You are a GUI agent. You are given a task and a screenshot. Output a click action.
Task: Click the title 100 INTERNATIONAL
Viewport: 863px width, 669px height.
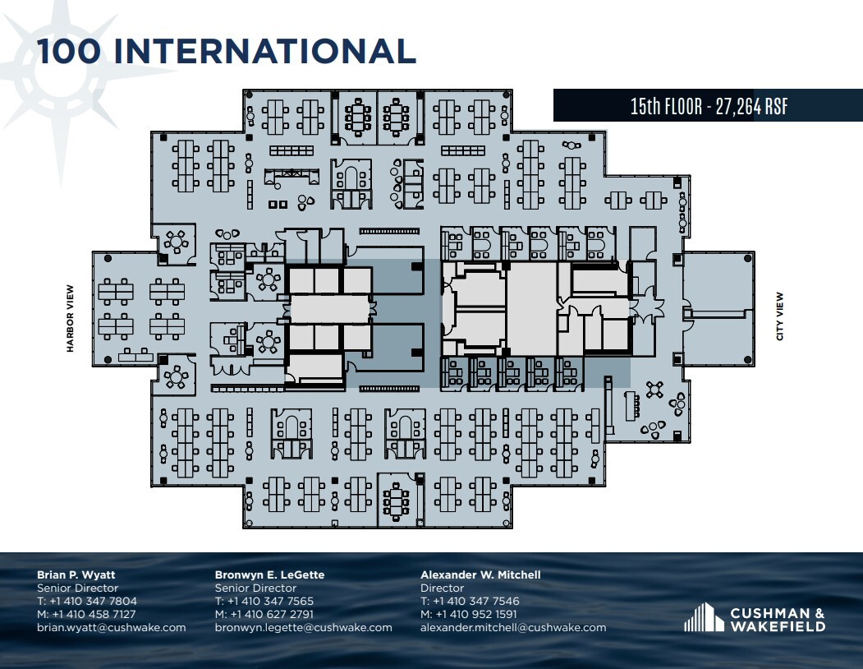click(x=227, y=51)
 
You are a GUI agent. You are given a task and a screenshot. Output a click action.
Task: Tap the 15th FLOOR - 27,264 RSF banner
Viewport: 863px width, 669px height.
click(x=708, y=106)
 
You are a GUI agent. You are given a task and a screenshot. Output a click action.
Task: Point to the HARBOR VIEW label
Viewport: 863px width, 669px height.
click(x=71, y=319)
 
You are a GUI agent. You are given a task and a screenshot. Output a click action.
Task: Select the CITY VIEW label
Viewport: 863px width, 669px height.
click(x=779, y=316)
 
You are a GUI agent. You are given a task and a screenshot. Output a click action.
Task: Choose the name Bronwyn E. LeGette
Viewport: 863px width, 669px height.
click(x=269, y=575)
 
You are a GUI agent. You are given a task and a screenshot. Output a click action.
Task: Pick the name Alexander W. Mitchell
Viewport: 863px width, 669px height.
click(x=480, y=575)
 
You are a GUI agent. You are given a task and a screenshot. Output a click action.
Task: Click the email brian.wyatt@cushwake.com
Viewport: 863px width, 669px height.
click(x=112, y=628)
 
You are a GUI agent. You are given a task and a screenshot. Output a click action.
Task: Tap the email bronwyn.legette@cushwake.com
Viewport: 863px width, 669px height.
click(x=304, y=628)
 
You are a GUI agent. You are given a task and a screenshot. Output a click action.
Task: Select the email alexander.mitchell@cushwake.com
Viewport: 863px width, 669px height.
click(x=513, y=628)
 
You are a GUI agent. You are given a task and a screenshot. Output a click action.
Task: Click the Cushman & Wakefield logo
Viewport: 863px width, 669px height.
click(x=755, y=618)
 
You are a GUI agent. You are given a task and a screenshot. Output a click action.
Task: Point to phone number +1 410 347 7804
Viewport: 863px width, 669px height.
click(x=93, y=602)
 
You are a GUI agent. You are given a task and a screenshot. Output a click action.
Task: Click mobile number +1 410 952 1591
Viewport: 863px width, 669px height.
click(x=476, y=615)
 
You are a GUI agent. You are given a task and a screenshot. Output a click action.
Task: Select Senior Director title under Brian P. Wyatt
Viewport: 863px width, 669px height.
click(x=78, y=588)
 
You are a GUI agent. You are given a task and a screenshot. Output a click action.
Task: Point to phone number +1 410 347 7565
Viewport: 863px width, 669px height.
click(x=271, y=602)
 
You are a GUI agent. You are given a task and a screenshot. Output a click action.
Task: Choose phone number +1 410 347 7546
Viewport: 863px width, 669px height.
click(x=476, y=602)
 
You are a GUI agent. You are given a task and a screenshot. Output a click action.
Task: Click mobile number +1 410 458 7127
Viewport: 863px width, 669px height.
click(x=94, y=615)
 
